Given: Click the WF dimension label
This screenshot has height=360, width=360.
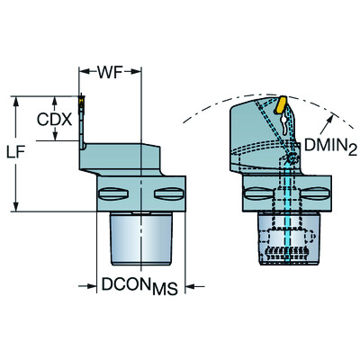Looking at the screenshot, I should [x=110, y=70].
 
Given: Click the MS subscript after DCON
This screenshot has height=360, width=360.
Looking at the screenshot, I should [x=164, y=290].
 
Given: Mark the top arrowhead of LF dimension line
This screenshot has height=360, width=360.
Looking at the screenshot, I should [x=16, y=98].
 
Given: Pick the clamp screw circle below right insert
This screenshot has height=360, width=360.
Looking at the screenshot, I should [x=294, y=159].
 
